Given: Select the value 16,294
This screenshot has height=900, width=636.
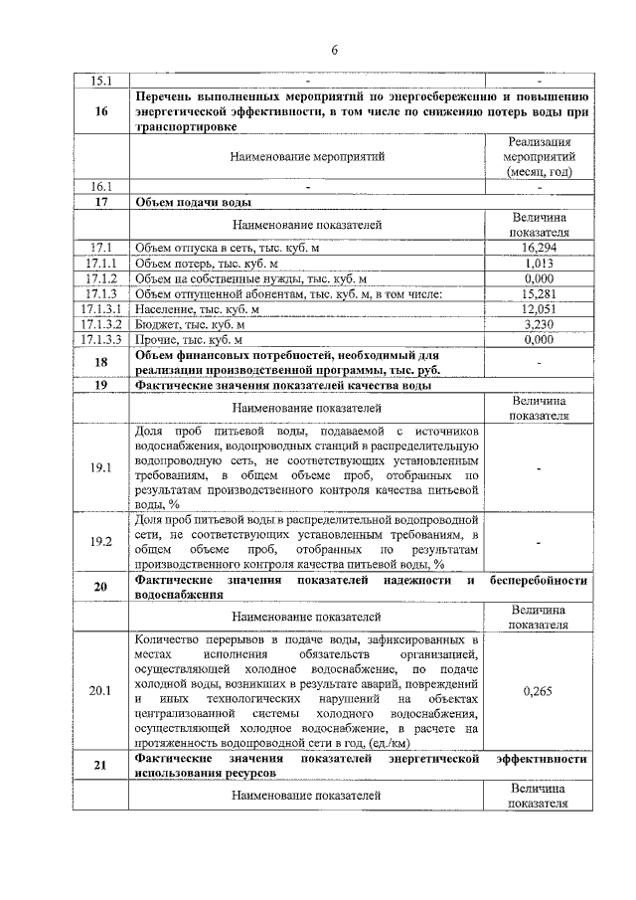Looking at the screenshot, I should [539, 246].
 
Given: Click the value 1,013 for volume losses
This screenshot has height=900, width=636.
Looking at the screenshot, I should [539, 263].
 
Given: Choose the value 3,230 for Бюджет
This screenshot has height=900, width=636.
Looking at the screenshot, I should [539, 324].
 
